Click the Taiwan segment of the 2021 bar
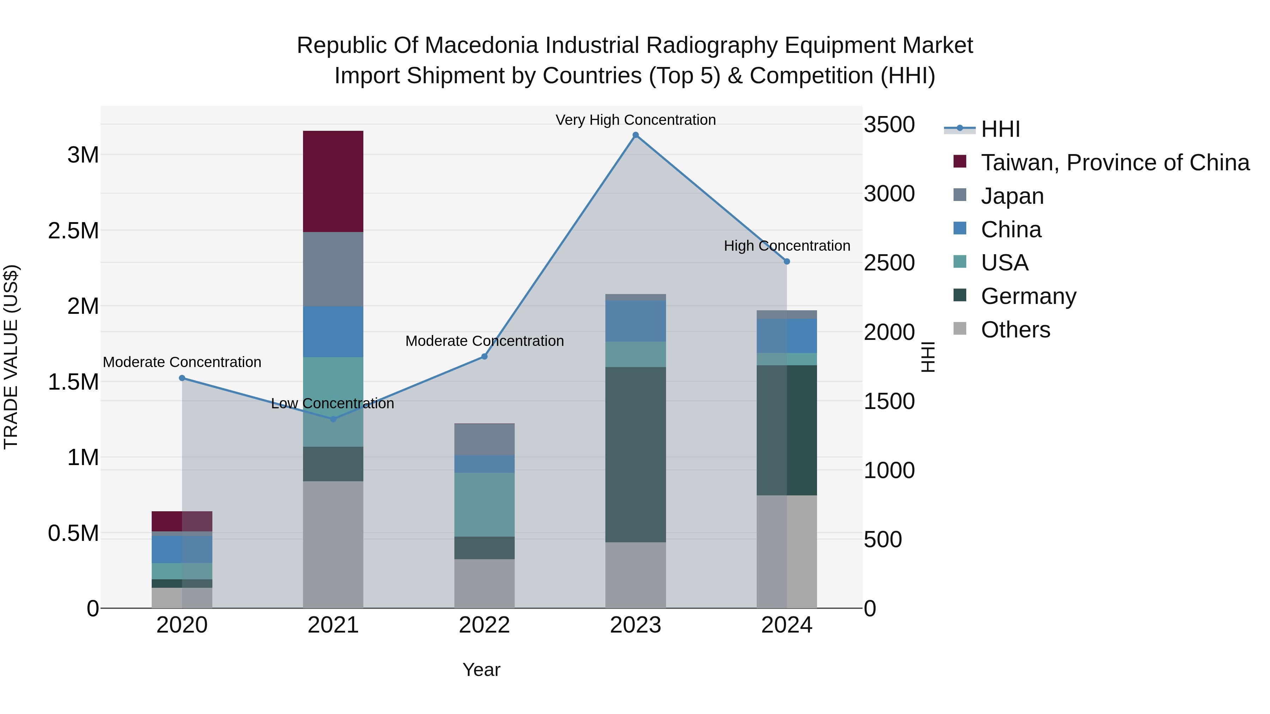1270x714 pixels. (x=333, y=181)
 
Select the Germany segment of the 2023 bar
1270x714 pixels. (x=635, y=454)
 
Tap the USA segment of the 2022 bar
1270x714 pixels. (x=484, y=504)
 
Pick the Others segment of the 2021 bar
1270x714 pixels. (x=333, y=544)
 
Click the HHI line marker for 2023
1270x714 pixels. (x=635, y=135)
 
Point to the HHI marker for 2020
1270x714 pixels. (x=182, y=378)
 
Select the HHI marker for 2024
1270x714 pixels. (x=787, y=262)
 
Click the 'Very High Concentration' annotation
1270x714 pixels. (x=635, y=120)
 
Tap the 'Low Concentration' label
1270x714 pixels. (x=333, y=404)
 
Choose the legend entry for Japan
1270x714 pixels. (x=1012, y=196)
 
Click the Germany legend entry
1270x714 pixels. (x=1028, y=296)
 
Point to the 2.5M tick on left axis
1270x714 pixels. (x=73, y=231)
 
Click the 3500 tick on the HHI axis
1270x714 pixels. (x=889, y=125)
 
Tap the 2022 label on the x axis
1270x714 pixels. (x=484, y=625)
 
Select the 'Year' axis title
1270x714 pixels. (x=481, y=670)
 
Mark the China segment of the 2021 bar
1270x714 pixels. (x=333, y=332)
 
